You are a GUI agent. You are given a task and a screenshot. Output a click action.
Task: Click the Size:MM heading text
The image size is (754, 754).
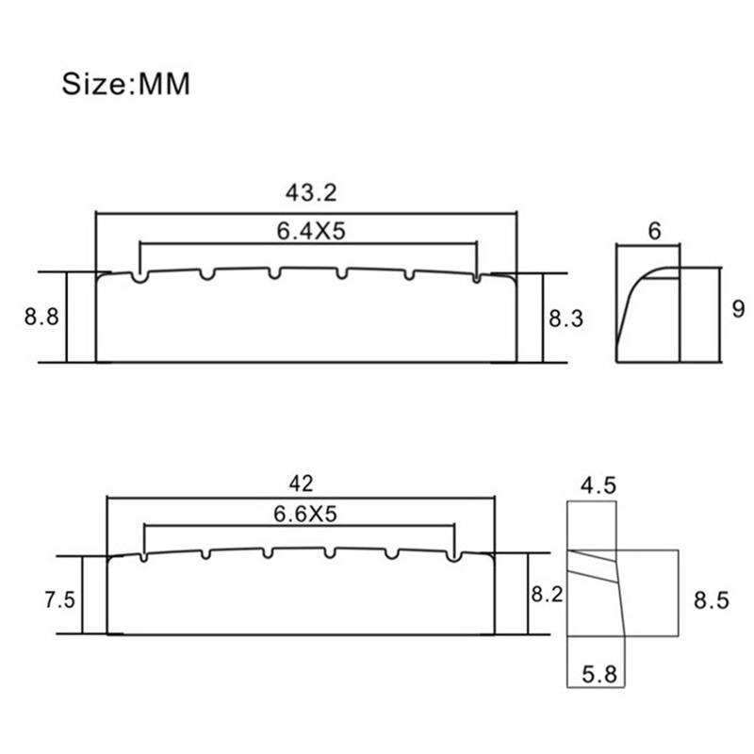[x=126, y=84]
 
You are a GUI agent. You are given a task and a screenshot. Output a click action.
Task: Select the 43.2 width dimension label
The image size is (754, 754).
[x=311, y=193]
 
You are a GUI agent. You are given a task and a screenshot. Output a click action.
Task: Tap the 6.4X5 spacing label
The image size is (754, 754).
[x=311, y=231]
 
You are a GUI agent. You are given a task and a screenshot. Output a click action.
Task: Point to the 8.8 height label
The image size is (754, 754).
[x=41, y=317]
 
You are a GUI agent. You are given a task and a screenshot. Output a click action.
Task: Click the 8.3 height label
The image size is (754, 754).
[x=566, y=319]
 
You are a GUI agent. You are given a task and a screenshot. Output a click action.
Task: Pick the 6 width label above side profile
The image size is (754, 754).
[x=654, y=231]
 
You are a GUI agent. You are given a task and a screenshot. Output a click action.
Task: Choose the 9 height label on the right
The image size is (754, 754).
[x=738, y=309]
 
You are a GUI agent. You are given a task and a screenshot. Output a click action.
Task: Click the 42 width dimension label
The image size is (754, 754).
[x=301, y=484]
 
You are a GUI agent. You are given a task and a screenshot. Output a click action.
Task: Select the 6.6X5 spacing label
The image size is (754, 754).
[x=305, y=514]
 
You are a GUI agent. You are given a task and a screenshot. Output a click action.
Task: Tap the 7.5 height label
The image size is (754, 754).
[x=59, y=600]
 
